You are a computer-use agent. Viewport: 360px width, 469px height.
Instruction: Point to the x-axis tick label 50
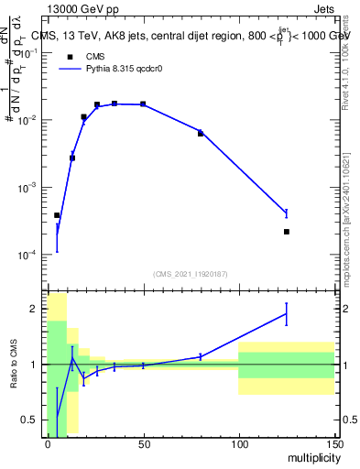click(143, 443)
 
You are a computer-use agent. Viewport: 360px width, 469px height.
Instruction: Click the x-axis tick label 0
click(48, 443)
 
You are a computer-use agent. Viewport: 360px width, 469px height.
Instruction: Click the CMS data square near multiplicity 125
click(287, 232)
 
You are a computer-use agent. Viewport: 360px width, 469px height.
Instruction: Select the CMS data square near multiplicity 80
click(201, 134)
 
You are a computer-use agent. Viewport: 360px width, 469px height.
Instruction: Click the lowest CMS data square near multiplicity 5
click(57, 215)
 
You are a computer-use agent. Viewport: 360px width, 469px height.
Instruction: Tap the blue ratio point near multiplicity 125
click(287, 314)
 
